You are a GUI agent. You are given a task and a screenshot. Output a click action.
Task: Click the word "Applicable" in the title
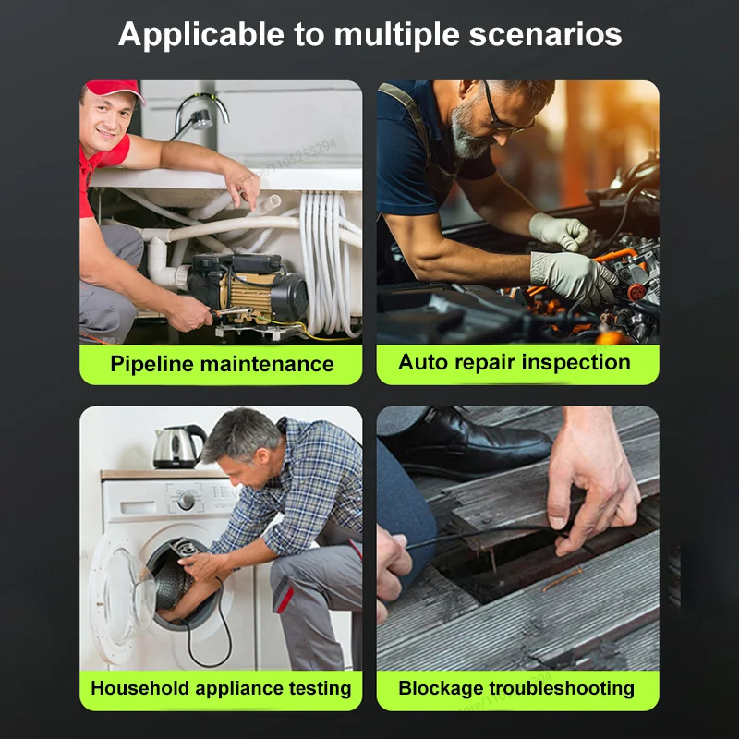point(201,35)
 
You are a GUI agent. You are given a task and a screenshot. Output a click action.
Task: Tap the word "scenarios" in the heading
point(545,34)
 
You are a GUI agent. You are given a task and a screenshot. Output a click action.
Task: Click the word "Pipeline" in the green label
point(151,365)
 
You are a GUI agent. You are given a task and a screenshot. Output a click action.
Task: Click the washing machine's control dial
point(186,501)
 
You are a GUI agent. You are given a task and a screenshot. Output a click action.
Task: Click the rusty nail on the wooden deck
point(562,579)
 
